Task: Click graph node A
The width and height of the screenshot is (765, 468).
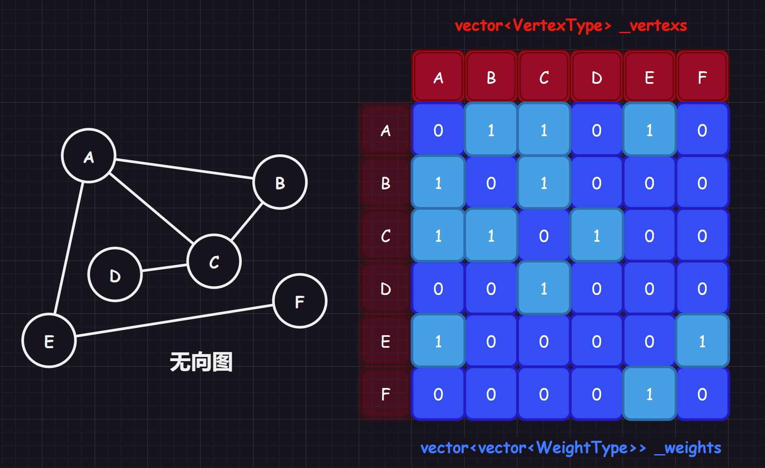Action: pyautogui.click(x=88, y=156)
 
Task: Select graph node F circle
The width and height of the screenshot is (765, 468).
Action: pyautogui.click(x=300, y=301)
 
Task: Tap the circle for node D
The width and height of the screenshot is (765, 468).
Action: pyautogui.click(x=115, y=275)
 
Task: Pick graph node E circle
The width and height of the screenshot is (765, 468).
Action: pyautogui.click(x=49, y=341)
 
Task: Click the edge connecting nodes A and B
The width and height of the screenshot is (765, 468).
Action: pyautogui.click(x=184, y=169)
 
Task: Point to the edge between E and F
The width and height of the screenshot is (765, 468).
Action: pyautogui.click(x=174, y=321)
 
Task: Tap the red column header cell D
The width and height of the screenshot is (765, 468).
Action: pyautogui.click(x=597, y=77)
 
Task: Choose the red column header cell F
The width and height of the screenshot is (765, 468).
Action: pyautogui.click(x=702, y=77)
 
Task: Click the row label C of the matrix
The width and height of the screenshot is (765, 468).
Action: pyautogui.click(x=385, y=236)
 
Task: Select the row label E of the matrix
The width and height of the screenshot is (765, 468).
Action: pyautogui.click(x=385, y=341)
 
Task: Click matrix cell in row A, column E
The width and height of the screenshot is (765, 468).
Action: pyautogui.click(x=649, y=130)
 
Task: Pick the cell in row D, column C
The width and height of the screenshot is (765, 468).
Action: pyautogui.click(x=544, y=289)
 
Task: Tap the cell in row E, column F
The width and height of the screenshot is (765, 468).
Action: pyautogui.click(x=702, y=341)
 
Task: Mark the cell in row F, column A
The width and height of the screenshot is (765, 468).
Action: pyautogui.click(x=438, y=394)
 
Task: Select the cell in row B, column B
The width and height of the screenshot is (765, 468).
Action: pyautogui.click(x=491, y=183)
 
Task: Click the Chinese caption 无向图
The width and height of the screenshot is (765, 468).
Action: pyautogui.click(x=201, y=362)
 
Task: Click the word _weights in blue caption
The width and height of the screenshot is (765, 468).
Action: pyautogui.click(x=687, y=448)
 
